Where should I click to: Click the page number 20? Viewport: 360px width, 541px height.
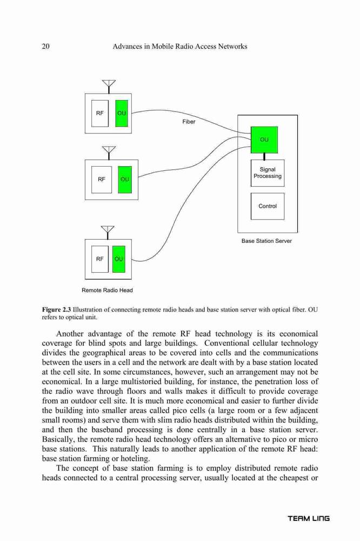click(x=45, y=46)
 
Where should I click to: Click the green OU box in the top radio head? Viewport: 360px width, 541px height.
click(x=122, y=114)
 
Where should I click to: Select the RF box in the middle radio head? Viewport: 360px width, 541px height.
click(x=102, y=180)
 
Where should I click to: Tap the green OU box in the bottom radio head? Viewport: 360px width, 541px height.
click(x=118, y=259)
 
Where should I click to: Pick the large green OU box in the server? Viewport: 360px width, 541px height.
click(x=264, y=140)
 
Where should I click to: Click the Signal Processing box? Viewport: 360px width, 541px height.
click(x=268, y=173)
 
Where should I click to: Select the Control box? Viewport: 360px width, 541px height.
click(x=268, y=206)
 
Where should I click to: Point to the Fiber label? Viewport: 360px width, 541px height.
click(x=189, y=122)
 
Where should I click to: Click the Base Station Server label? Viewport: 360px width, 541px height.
click(x=266, y=241)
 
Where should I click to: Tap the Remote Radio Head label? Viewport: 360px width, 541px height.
click(x=107, y=290)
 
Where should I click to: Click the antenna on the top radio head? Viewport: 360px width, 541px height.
click(x=109, y=86)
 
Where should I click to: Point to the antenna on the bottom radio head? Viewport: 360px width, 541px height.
click(x=108, y=232)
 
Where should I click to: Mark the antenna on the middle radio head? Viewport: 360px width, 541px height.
click(x=109, y=153)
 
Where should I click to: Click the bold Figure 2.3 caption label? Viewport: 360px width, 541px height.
click(x=57, y=309)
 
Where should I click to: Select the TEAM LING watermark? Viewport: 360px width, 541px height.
click(x=309, y=518)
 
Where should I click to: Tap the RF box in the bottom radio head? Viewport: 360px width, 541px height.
click(x=99, y=259)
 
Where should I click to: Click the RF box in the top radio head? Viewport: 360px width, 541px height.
click(x=99, y=114)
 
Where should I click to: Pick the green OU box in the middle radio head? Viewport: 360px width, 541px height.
click(x=125, y=180)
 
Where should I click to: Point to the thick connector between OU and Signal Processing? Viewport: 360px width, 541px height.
click(x=264, y=156)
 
